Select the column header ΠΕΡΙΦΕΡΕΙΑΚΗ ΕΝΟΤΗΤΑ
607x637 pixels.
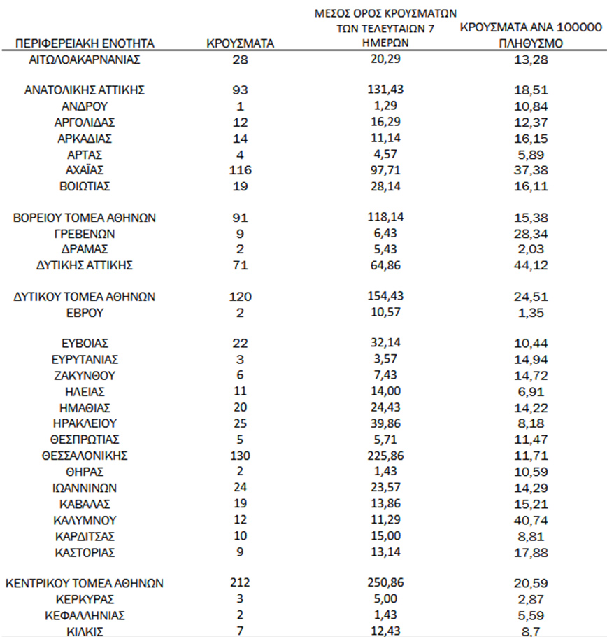85,44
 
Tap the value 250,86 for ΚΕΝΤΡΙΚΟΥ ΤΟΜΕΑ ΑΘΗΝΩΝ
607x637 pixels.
385,582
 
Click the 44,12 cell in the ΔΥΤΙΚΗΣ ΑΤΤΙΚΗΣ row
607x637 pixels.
529,265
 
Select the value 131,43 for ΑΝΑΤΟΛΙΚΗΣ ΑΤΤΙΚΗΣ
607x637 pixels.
385,90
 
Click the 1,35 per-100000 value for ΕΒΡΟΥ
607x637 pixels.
529,313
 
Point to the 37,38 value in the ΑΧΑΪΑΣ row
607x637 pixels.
529,170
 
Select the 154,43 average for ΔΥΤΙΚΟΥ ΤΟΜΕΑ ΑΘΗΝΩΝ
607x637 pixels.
385,297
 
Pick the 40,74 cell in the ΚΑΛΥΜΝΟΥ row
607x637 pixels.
529,520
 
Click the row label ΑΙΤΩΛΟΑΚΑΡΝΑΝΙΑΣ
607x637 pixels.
85,59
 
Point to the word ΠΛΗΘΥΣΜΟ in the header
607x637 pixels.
529,43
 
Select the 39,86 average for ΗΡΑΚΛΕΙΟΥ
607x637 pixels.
385,423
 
